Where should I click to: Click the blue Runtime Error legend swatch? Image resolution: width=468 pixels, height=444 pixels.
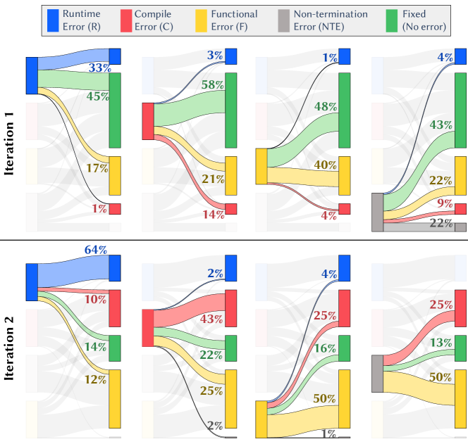click(x=54, y=20)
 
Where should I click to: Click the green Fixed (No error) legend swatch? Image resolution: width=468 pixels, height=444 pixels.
click(x=393, y=20)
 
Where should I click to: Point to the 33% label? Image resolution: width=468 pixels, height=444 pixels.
click(x=99, y=68)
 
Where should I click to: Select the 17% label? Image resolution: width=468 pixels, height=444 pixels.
click(x=97, y=168)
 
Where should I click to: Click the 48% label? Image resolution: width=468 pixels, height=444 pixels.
click(x=326, y=108)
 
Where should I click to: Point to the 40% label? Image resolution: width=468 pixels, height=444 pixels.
click(x=325, y=165)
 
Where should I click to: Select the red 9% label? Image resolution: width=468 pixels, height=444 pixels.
click(x=445, y=203)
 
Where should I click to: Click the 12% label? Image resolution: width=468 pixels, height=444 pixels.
click(x=95, y=379)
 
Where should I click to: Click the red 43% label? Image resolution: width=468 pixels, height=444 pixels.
click(x=211, y=319)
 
